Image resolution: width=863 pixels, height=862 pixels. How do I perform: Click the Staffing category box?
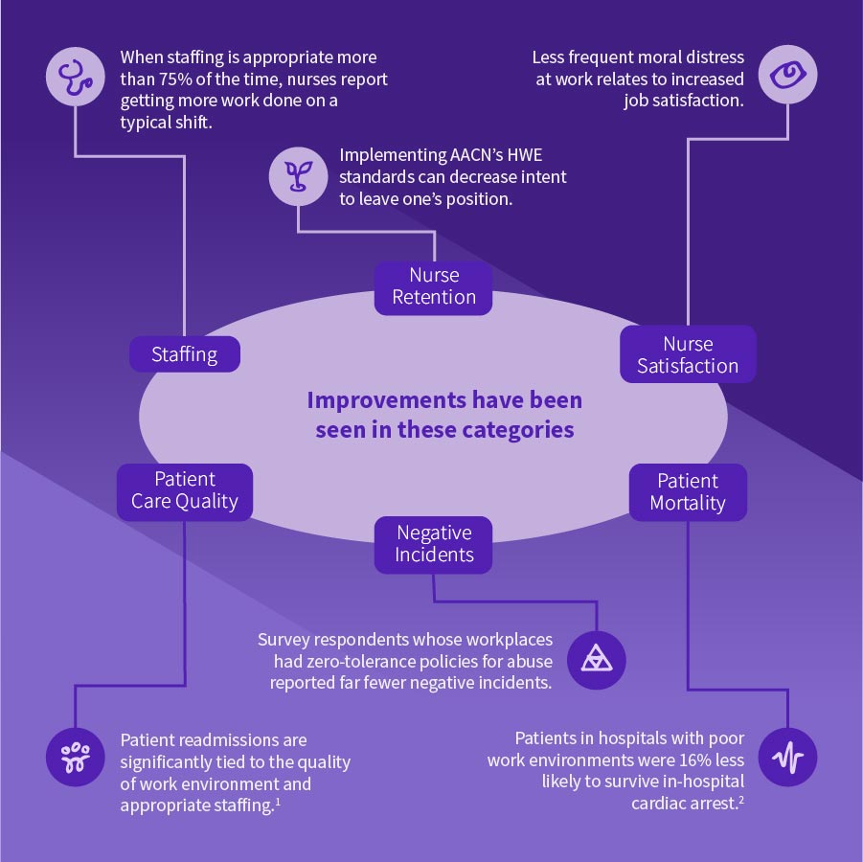[185, 354]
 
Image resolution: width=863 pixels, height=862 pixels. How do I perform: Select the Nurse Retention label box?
[434, 286]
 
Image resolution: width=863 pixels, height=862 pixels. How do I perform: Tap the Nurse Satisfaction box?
[688, 354]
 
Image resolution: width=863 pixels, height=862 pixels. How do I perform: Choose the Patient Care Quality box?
[185, 490]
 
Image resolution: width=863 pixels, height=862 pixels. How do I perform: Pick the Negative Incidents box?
[434, 543]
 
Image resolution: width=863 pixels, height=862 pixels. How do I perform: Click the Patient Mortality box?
[688, 491]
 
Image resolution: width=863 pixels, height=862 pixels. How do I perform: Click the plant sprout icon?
[297, 175]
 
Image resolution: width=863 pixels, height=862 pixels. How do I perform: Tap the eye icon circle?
[787, 75]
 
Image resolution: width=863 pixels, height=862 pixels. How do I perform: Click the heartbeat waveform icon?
[787, 758]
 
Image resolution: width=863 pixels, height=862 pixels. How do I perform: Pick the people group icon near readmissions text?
[75, 758]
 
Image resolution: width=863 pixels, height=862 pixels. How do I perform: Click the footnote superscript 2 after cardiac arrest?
[740, 800]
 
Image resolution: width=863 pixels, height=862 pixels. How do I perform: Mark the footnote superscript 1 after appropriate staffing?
[278, 802]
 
